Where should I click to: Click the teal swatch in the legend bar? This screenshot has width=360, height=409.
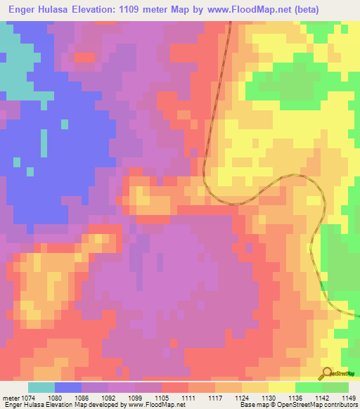coord(41,387)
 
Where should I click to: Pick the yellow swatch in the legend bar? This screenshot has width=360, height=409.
coord(282,387)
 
